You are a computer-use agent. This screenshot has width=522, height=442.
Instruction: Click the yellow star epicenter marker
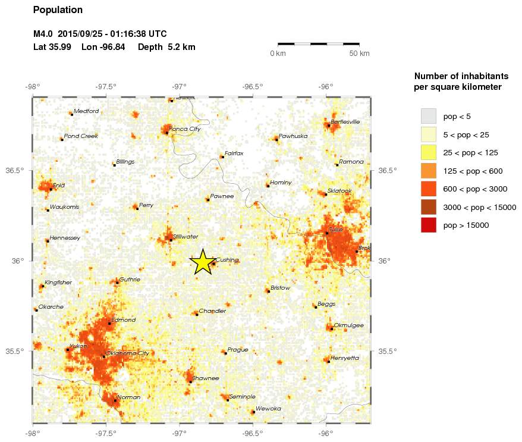click(x=202, y=262)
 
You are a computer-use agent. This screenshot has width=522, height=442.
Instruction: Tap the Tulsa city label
click(x=337, y=230)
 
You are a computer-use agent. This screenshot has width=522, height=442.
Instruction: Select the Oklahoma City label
click(x=127, y=353)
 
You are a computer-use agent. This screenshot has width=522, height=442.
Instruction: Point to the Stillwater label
click(x=185, y=236)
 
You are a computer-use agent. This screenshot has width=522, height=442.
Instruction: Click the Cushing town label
click(x=227, y=260)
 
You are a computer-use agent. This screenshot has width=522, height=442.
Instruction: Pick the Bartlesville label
click(x=345, y=121)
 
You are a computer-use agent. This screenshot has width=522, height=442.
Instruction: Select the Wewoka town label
click(x=268, y=409)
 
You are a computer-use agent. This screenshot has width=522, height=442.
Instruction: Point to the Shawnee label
click(x=205, y=378)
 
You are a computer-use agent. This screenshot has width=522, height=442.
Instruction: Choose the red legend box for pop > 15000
click(x=428, y=225)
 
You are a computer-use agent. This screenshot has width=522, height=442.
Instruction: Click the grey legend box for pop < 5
click(x=428, y=115)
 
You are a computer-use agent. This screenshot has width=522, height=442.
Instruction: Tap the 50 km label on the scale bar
click(x=359, y=54)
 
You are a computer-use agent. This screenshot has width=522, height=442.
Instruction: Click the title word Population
click(x=58, y=10)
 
